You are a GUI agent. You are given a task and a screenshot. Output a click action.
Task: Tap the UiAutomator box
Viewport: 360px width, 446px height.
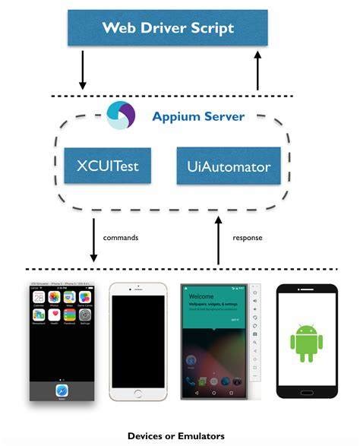pos(223,166)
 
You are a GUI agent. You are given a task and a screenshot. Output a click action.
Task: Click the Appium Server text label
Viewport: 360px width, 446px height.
pos(198,116)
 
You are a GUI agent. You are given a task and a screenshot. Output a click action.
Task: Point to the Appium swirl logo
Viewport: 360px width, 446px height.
pos(122,115)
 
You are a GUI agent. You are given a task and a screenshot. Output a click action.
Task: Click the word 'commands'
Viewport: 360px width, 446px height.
pos(121,238)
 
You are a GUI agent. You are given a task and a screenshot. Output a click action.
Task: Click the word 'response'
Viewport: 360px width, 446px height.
pos(247,238)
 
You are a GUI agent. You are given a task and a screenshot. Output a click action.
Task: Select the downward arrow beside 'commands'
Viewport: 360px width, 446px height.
pos(93,240)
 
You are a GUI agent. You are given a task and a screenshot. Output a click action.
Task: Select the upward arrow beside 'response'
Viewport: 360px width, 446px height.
pos(219,240)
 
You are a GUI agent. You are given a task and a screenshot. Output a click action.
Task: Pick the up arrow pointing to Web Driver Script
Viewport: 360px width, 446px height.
pos(257,71)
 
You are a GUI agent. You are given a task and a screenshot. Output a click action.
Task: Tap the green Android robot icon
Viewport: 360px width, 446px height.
pos(306,342)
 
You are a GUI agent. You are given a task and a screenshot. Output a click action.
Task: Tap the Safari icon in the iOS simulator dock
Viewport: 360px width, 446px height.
pos(62,389)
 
